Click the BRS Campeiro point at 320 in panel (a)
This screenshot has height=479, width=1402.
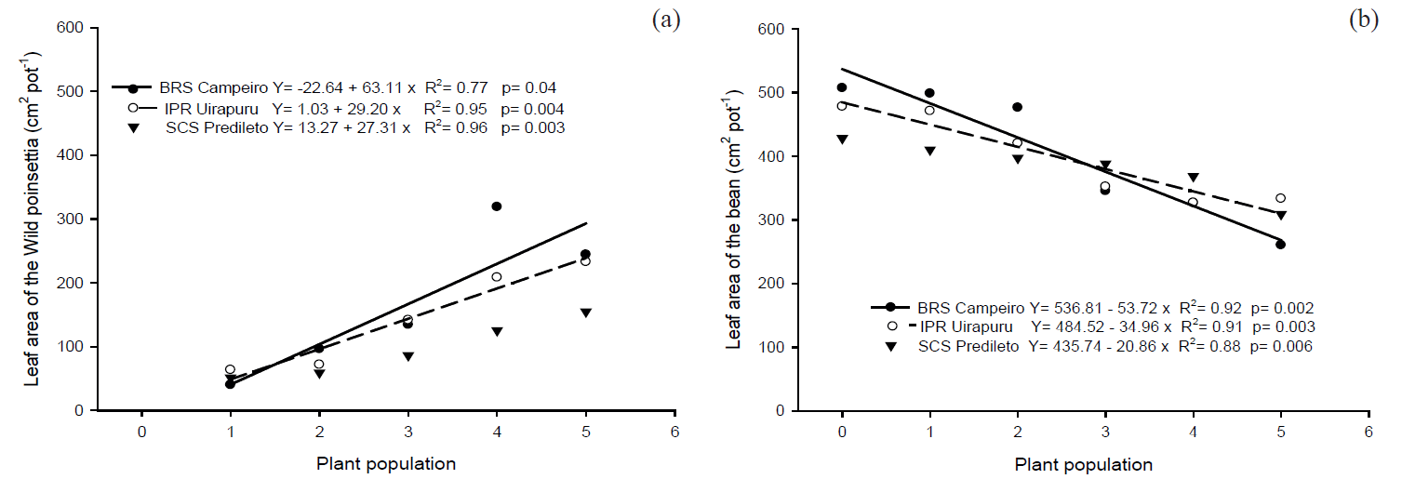[x=496, y=206]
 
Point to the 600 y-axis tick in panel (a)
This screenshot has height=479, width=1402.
[x=71, y=28]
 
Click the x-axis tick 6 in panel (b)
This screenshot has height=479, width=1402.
[x=1369, y=432]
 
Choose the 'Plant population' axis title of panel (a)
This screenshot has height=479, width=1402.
[x=385, y=463]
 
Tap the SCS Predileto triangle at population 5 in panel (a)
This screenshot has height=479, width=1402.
[x=585, y=313]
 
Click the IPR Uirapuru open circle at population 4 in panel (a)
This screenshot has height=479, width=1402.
[x=496, y=277]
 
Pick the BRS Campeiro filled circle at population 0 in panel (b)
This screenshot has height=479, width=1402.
[x=842, y=87]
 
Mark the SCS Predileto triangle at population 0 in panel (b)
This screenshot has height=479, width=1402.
[x=842, y=140]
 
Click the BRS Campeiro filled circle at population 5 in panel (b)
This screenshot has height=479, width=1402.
[x=1280, y=245]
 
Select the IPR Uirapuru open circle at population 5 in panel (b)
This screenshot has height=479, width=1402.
[x=1280, y=198]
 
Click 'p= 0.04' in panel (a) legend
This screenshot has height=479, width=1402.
[x=528, y=88]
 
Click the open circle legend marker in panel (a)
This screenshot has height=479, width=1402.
[x=133, y=108]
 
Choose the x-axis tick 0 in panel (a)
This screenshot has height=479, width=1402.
[x=141, y=432]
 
